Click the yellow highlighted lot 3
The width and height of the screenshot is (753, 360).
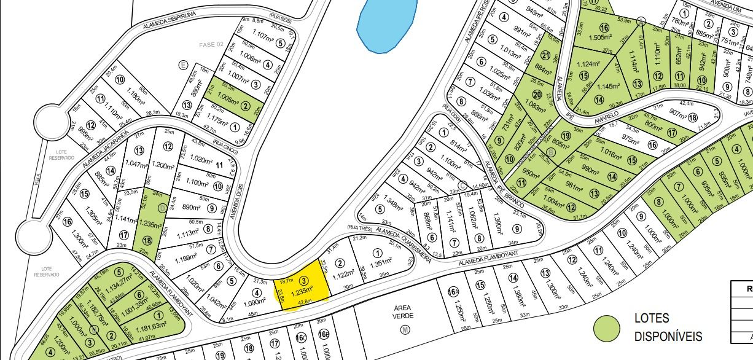point(301,290)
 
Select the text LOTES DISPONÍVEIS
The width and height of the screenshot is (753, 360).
point(668,327)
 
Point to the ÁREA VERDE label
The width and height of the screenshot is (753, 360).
point(404,311)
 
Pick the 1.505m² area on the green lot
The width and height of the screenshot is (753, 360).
point(607,36)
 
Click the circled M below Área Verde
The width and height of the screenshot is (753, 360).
point(404,330)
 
